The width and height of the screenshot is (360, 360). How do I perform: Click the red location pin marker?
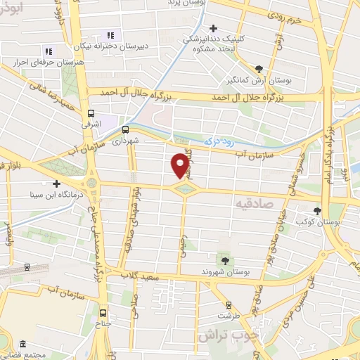click(180, 165)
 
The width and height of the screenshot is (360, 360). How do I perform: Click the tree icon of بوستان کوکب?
click(317, 210)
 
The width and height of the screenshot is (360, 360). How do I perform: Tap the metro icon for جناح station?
click(103, 313)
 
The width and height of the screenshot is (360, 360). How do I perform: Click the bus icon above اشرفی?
click(91, 113)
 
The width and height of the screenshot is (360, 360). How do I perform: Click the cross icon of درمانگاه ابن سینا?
click(56, 184)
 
